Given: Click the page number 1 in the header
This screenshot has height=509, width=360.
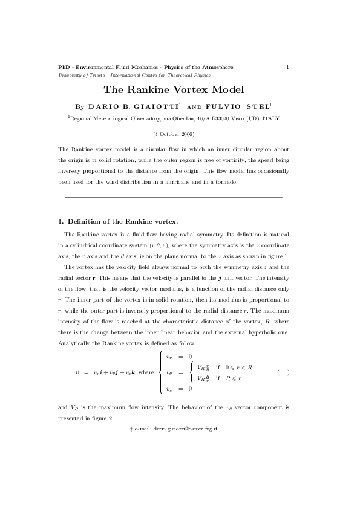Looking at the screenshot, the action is tap(287, 66).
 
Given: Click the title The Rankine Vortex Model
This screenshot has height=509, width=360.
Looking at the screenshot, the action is tap(174, 90).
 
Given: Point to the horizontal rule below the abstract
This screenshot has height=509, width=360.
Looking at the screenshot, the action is tap(173, 198).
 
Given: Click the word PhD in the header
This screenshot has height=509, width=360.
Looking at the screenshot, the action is tap(64, 66).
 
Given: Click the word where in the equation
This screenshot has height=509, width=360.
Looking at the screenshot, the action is tap(146, 373).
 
